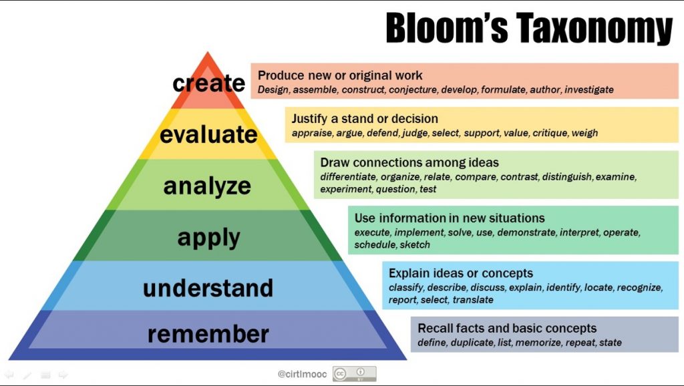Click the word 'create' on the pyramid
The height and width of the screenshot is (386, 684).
pyautogui.click(x=209, y=83)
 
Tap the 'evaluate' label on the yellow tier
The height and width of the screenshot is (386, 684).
pyautogui.click(x=208, y=134)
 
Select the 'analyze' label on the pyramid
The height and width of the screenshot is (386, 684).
pyautogui.click(x=207, y=186)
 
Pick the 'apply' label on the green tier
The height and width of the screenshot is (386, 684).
pyautogui.click(x=208, y=237)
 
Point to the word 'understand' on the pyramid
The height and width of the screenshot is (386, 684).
pyautogui.click(x=208, y=288)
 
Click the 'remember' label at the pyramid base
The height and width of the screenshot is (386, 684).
pyautogui.click(x=208, y=333)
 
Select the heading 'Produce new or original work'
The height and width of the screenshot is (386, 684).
pyautogui.click(x=340, y=75)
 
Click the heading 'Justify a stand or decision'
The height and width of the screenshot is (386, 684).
pyautogui.click(x=365, y=119)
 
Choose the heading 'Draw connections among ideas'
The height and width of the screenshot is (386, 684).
pyautogui.click(x=409, y=162)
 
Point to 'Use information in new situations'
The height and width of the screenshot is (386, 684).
pyautogui.click(x=450, y=218)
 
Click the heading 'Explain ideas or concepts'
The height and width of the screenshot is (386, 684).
pyautogui.click(x=461, y=273)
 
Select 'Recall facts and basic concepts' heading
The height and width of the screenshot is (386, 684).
pyautogui.click(x=507, y=329)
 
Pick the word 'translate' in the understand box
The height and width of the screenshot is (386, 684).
pyautogui.click(x=473, y=300)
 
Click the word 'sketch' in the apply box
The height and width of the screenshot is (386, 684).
pyautogui.click(x=415, y=244)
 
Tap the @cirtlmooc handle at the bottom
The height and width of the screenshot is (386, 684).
pyautogui.click(x=302, y=374)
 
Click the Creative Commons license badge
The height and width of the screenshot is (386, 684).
pyautogui.click(x=354, y=374)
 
